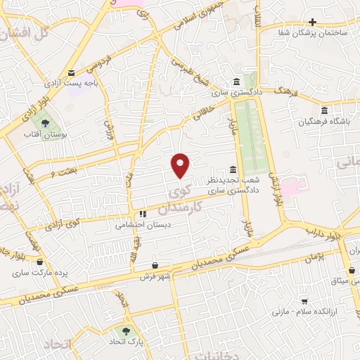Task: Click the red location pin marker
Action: (181, 165)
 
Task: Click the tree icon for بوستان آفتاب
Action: (46, 123)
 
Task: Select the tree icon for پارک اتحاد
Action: (127, 330)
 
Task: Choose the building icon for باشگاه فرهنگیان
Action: (323, 110)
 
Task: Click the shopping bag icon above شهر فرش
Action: (164, 265)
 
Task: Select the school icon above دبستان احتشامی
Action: (142, 214)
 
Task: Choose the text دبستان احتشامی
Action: (140, 226)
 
